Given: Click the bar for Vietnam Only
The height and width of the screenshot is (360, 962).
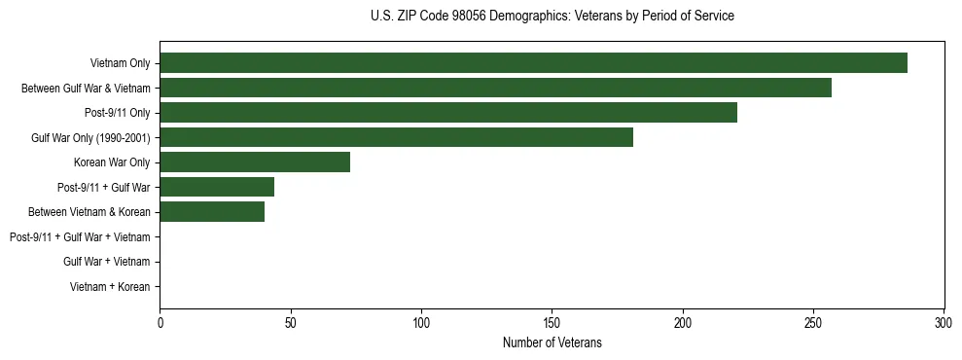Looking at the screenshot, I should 533,63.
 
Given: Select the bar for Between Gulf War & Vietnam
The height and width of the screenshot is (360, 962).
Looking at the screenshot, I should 495,88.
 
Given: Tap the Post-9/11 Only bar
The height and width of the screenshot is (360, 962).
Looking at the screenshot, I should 448,113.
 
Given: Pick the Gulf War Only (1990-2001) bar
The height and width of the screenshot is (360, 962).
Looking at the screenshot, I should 396,137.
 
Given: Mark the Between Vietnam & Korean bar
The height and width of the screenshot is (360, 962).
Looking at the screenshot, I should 212,212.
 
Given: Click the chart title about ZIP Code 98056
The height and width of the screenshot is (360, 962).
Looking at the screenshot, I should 552,17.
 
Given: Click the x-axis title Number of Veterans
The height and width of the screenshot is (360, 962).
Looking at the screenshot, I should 552,342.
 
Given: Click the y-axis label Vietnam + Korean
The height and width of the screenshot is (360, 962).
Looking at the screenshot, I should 110,287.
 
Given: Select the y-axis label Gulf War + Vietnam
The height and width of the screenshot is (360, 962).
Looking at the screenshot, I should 106,262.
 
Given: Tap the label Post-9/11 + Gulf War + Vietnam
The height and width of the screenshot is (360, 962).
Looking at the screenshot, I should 80,237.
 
